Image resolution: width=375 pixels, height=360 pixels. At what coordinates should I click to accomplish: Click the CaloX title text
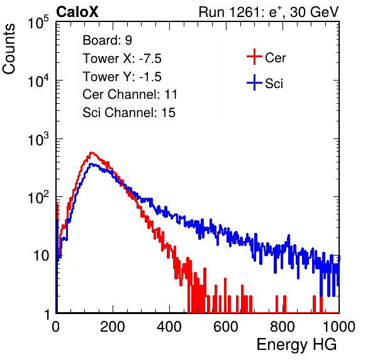pyautogui.click(x=77, y=12)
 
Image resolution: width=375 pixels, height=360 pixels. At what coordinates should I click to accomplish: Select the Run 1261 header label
pyautogui.click(x=269, y=12)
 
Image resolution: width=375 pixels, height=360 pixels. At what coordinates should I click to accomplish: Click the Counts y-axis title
pyautogui.click(x=9, y=49)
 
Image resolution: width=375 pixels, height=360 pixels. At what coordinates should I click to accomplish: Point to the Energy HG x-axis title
pyautogui.click(x=296, y=345)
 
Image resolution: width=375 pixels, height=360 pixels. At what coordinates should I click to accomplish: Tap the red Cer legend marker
pyautogui.click(x=254, y=57)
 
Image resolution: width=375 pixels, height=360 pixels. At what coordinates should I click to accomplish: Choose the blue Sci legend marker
pyautogui.click(x=254, y=83)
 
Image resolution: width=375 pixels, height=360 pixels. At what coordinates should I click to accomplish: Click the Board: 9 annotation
pyautogui.click(x=108, y=40)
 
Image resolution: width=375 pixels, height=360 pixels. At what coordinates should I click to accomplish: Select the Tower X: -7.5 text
pyautogui.click(x=122, y=59)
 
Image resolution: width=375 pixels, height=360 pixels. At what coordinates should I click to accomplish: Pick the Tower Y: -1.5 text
pyautogui.click(x=122, y=77)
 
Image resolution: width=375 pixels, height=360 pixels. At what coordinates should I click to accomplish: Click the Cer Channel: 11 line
pyautogui.click(x=130, y=94)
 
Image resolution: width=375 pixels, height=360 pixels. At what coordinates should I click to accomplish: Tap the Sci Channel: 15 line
pyautogui.click(x=129, y=113)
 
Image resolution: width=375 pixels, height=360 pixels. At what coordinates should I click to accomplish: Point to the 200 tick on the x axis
pyautogui.click(x=113, y=327)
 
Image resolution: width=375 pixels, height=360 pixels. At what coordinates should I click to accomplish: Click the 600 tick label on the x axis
pyautogui.click(x=226, y=327)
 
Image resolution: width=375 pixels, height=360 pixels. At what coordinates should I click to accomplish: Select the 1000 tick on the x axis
pyautogui.click(x=339, y=327)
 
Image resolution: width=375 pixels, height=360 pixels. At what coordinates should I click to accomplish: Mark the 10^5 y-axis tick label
pyautogui.click(x=38, y=23)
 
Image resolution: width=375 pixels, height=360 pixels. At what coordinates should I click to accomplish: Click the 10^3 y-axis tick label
pyautogui.click(x=38, y=140)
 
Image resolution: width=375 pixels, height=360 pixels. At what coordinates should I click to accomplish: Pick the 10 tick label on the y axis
pyautogui.click(x=41, y=256)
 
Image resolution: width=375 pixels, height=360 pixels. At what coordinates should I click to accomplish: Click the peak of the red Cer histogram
pyautogui.click(x=91, y=152)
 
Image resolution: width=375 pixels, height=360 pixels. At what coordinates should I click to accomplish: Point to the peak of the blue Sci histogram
pyautogui.click(x=91, y=164)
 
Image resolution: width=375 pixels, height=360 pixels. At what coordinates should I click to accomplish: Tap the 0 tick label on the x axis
pyautogui.click(x=56, y=327)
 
